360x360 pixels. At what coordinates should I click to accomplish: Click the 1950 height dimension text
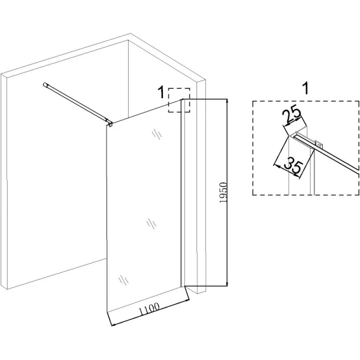point(223,193)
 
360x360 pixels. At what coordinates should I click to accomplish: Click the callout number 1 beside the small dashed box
point(162,92)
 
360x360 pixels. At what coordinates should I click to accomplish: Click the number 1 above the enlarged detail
point(305,88)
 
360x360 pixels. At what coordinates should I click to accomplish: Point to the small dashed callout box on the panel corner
point(179,100)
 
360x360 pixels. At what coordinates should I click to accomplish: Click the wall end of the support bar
point(44,84)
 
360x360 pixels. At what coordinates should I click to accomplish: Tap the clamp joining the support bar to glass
point(110,124)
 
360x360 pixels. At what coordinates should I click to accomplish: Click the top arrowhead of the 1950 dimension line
point(227,101)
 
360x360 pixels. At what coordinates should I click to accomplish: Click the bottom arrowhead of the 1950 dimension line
point(227,284)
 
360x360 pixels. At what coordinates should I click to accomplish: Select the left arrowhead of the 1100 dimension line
point(113,325)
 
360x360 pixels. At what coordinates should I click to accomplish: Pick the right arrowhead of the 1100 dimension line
point(187,299)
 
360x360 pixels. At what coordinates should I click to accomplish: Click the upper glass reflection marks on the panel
point(157,134)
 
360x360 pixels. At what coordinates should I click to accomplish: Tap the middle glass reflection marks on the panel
point(151,223)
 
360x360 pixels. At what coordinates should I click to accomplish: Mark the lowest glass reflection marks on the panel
point(124,280)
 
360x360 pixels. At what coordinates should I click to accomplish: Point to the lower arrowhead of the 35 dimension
point(297,176)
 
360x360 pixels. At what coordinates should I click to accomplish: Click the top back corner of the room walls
point(128,41)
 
